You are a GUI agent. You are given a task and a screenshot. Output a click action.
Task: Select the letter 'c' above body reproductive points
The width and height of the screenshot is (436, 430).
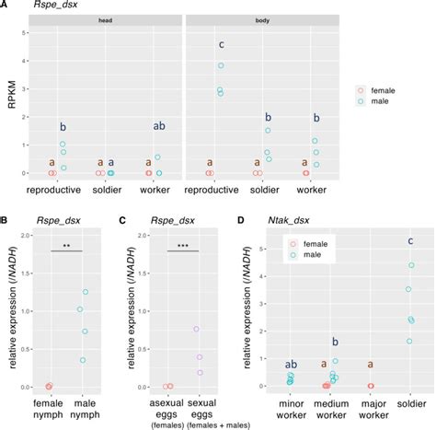click(x=221, y=45)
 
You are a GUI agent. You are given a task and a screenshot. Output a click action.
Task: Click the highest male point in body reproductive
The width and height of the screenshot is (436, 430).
click(x=221, y=65)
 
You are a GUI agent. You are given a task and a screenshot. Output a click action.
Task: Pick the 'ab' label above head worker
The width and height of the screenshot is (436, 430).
click(x=158, y=127)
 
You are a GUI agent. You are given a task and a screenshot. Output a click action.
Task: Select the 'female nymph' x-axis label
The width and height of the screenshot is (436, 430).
click(x=49, y=407)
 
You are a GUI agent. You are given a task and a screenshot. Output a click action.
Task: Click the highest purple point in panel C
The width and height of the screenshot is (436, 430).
click(x=196, y=328)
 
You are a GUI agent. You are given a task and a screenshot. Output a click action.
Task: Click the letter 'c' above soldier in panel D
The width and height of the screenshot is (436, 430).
click(x=409, y=242)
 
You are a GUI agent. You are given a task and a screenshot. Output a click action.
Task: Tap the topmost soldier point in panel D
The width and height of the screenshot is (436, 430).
click(x=409, y=265)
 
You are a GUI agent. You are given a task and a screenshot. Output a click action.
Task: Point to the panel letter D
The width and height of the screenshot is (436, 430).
click(x=240, y=220)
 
